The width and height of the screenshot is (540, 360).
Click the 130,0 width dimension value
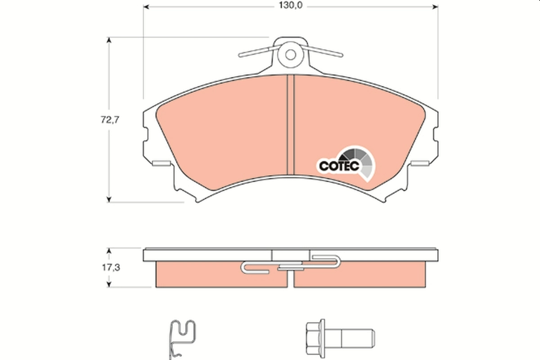pyautogui.click(x=291, y=6)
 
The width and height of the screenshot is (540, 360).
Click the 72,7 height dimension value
pyautogui.click(x=109, y=120)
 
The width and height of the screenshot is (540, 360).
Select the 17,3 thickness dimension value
pyautogui.click(x=109, y=267)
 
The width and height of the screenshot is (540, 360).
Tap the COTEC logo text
pyautogui.click(x=338, y=166)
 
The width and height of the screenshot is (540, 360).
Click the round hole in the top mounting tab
pyautogui.click(x=291, y=54)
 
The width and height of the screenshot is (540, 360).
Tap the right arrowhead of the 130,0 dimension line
pyautogui.click(x=434, y=7)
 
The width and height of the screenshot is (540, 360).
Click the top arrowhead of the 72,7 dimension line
pyautogui.click(x=108, y=40)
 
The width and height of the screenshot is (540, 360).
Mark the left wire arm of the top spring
pyautogui.click(x=256, y=53)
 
